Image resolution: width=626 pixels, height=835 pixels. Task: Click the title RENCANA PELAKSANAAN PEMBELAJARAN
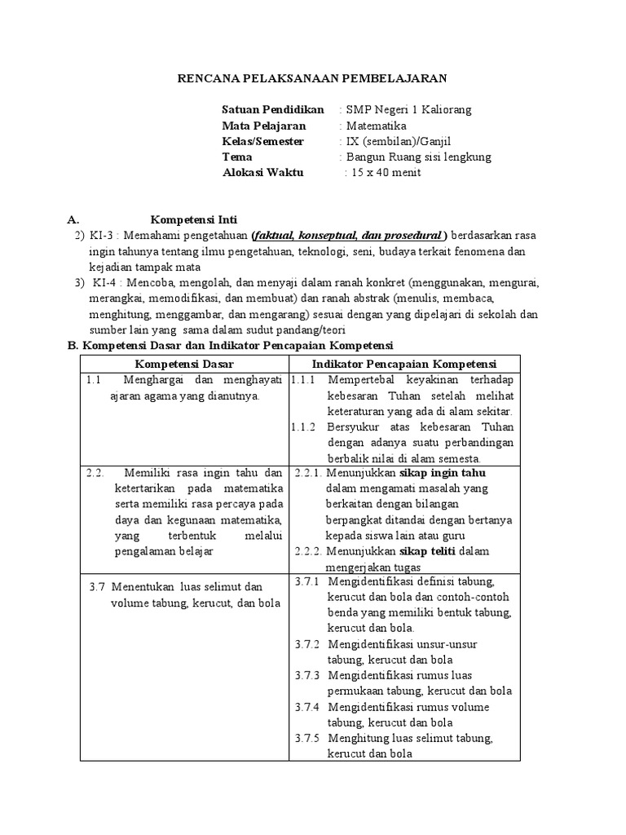(x=312, y=78)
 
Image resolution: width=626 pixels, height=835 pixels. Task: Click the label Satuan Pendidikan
(x=273, y=109)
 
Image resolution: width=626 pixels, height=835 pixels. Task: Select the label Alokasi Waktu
(x=262, y=173)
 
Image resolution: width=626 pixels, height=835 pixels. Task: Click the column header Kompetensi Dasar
(x=184, y=364)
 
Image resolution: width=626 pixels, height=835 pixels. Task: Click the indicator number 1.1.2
(x=303, y=426)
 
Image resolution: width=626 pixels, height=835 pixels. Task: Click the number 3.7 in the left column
(x=98, y=586)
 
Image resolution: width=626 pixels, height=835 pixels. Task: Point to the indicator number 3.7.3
(x=307, y=675)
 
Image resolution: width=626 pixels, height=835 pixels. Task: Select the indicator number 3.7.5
(x=307, y=738)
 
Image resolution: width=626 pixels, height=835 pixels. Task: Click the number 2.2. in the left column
(x=96, y=472)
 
